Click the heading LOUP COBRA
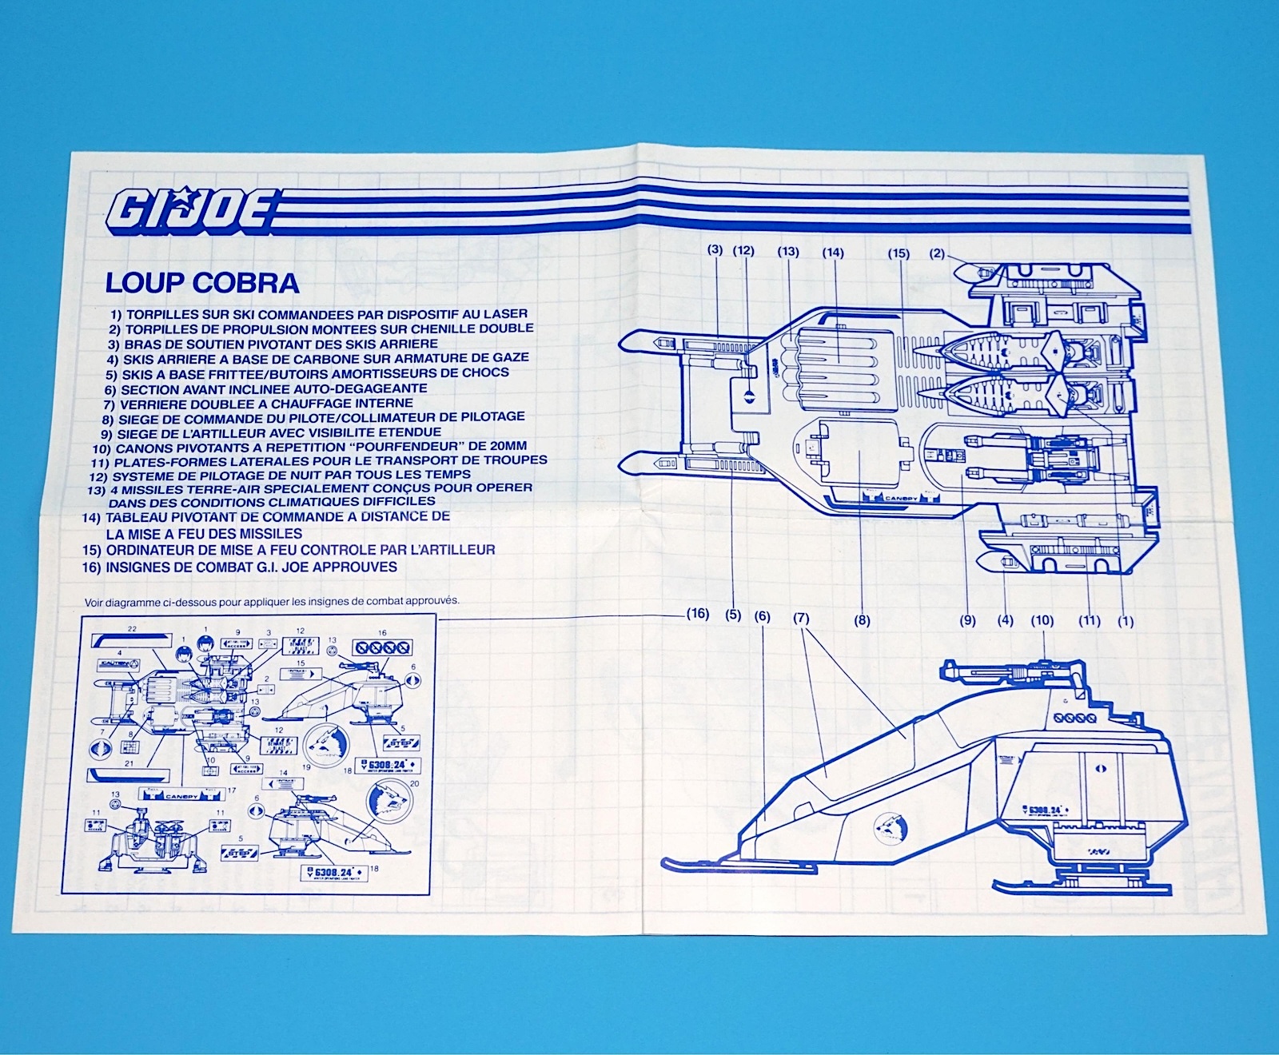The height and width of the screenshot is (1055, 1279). coord(202,283)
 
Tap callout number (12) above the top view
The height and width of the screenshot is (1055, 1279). coord(743,251)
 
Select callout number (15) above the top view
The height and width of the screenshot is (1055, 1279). coord(898,253)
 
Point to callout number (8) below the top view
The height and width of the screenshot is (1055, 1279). coord(862,620)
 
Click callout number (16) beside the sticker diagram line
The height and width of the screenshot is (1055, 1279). coord(697,614)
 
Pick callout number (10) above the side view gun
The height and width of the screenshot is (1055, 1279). coord(1042,620)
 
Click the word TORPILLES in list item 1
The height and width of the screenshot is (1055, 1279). coord(163,314)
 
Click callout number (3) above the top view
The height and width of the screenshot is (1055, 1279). coord(715,249)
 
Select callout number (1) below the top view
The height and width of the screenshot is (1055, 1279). coord(1126,621)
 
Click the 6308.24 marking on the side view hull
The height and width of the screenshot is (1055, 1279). coord(1044,810)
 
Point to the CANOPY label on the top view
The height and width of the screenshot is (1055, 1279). coord(902,499)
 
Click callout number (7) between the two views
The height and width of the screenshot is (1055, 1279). coord(801,618)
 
